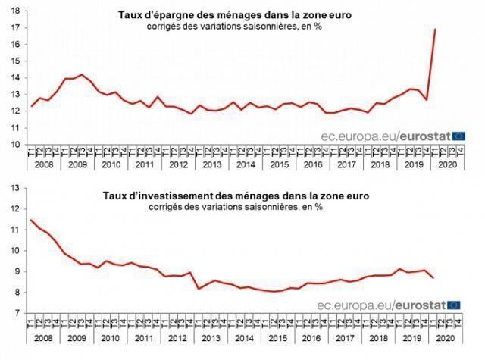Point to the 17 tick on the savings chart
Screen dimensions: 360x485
tap(15, 28)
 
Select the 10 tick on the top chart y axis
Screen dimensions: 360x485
tap(15, 146)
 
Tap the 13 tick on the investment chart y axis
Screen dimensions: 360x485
tap(15, 208)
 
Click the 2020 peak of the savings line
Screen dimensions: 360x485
tap(434, 30)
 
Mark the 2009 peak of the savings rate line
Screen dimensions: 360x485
tap(82, 74)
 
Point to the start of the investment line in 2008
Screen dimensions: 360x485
tap(31, 220)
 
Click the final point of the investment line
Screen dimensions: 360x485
tap(433, 278)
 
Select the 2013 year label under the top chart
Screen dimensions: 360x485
tap(213, 164)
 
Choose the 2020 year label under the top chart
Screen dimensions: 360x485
tap(447, 164)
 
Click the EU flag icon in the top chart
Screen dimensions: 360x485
tap(458, 136)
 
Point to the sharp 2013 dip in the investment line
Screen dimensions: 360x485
tap(199, 289)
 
